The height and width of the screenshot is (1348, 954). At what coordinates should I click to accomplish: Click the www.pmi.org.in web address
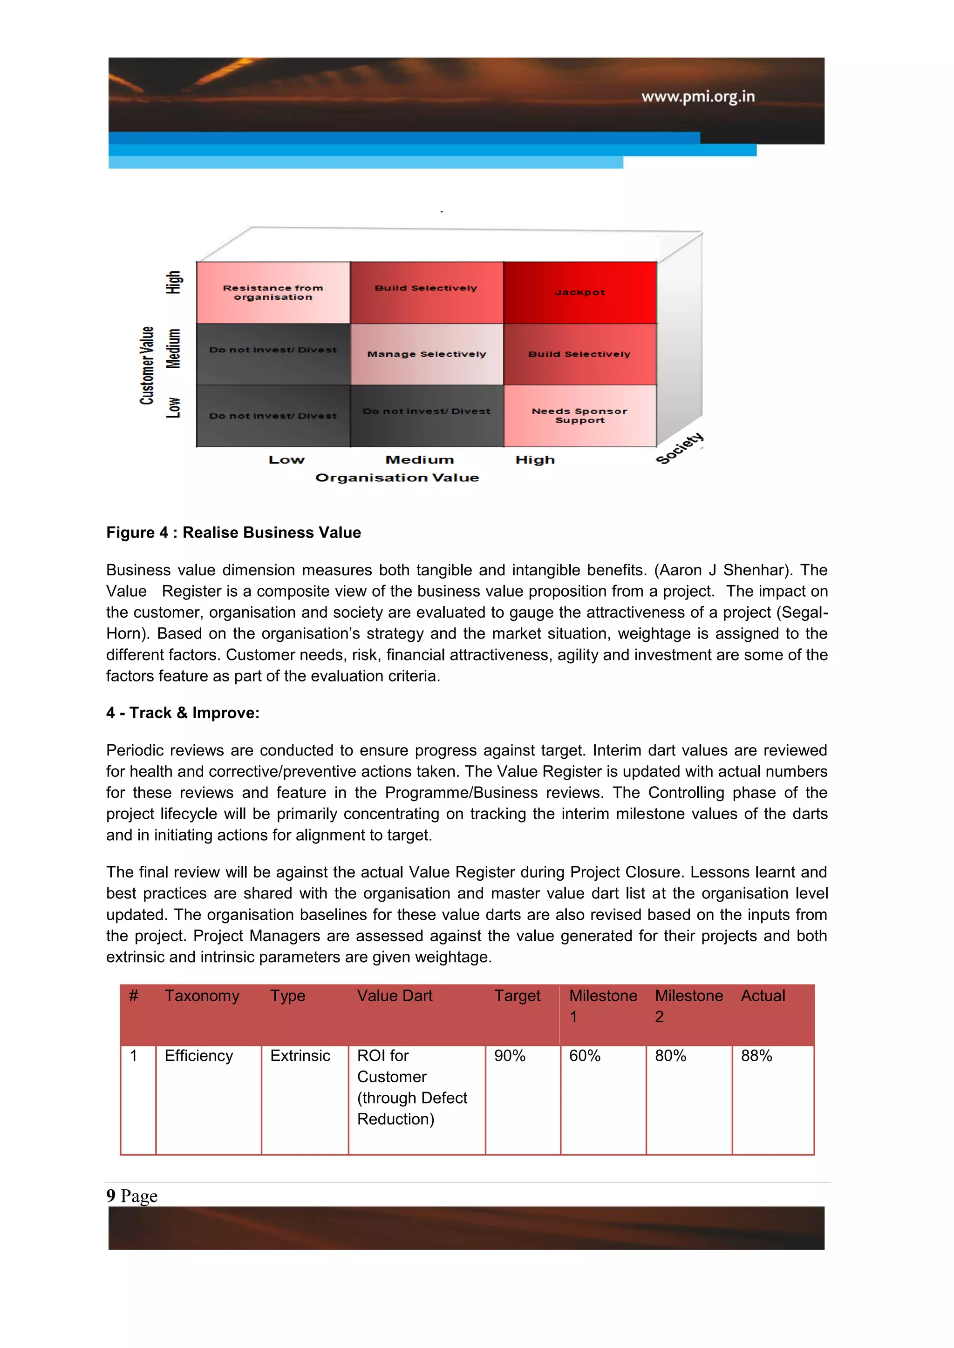pyautogui.click(x=697, y=96)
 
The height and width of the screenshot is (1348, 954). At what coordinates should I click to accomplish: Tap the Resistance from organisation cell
pyautogui.click(x=273, y=292)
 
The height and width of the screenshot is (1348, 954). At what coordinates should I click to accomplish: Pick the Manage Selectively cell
pyautogui.click(x=427, y=354)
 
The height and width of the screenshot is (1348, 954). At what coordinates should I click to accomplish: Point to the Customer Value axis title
pyautogui.click(x=147, y=365)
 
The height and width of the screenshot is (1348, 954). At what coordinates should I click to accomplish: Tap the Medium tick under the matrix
pyautogui.click(x=419, y=460)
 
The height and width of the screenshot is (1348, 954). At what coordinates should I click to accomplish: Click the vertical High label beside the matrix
pyautogui.click(x=173, y=283)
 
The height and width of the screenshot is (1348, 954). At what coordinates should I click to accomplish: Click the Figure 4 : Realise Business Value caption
pyautogui.click(x=233, y=532)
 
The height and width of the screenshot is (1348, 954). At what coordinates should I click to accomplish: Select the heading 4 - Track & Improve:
pyautogui.click(x=183, y=713)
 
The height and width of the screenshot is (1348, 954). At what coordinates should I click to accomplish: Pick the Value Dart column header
pyautogui.click(x=394, y=996)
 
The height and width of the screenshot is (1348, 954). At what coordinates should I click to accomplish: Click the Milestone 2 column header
pyautogui.click(x=688, y=1006)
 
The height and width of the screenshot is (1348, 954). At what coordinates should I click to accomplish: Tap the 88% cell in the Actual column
pyautogui.click(x=756, y=1056)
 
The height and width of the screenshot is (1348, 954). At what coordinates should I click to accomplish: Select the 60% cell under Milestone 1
pyautogui.click(x=585, y=1056)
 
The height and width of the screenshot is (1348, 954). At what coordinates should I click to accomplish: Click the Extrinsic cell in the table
pyautogui.click(x=300, y=1056)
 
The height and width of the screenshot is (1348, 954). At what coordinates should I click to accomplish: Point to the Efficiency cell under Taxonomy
pyautogui.click(x=198, y=1056)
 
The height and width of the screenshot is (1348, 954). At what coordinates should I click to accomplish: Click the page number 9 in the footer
pyautogui.click(x=111, y=1195)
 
